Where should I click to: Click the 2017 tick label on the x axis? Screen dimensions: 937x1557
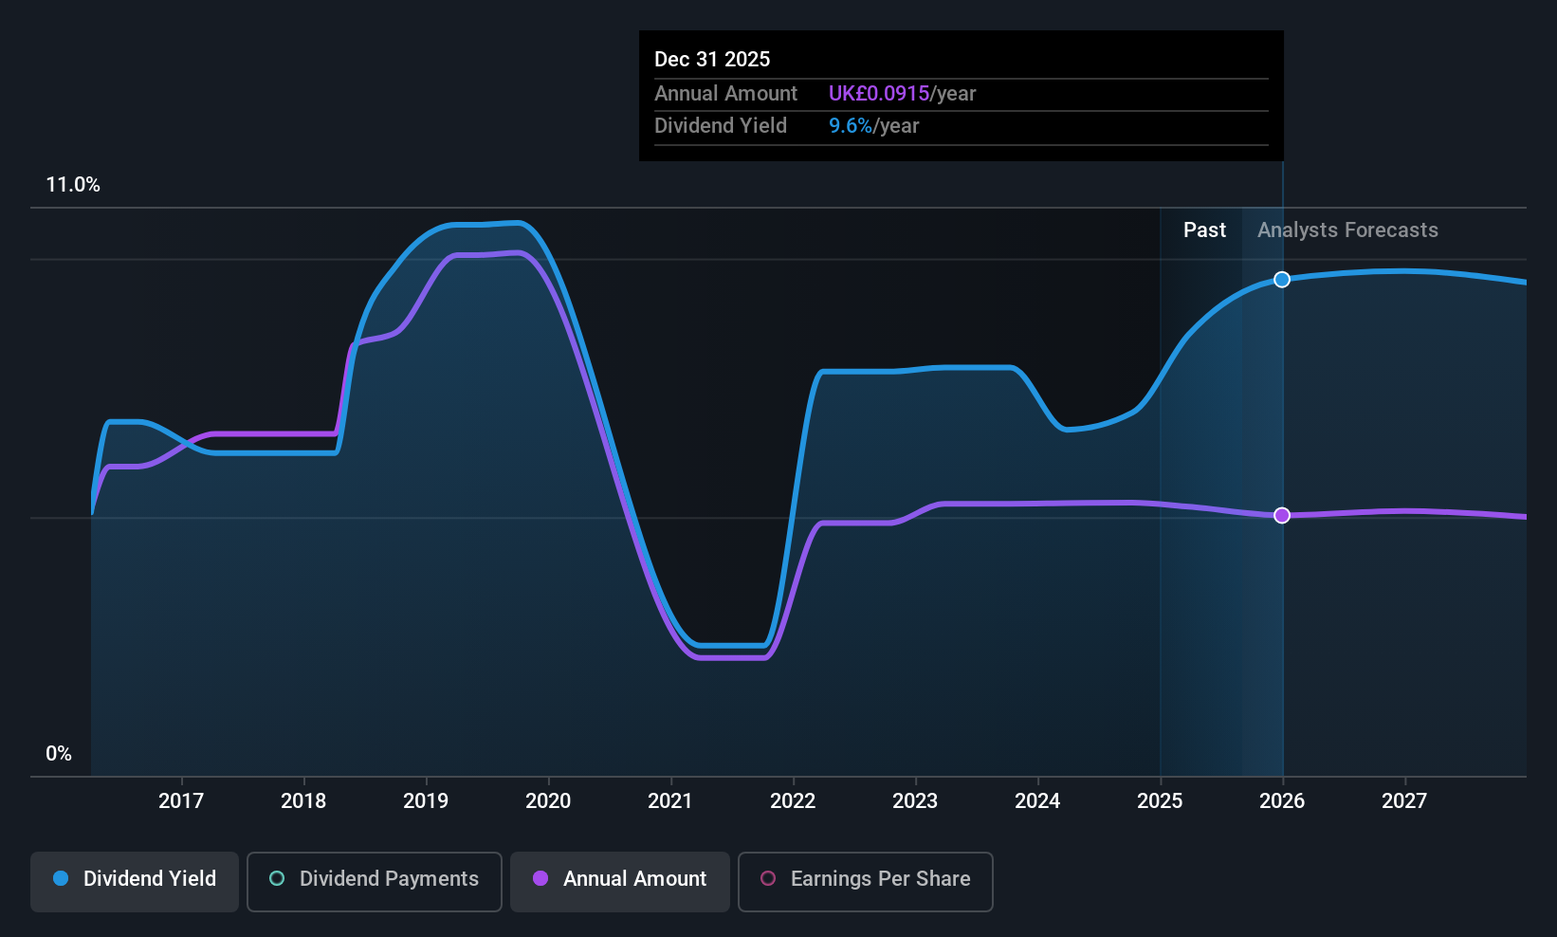181,801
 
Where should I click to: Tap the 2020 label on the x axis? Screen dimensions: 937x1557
548,801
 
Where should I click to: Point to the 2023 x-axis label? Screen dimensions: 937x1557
915,801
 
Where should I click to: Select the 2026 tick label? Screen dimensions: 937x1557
1282,801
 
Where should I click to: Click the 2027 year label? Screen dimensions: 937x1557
1404,801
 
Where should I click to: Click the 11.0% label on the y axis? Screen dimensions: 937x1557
73,185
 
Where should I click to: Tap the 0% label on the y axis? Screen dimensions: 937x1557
59,754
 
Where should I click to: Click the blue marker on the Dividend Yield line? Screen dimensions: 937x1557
1282,280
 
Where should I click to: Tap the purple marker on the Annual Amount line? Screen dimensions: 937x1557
1282,515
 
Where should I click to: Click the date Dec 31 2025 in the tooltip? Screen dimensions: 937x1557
712,60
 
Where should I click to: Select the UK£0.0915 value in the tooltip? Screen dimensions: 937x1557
879,94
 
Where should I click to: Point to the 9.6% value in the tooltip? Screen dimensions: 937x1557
851,126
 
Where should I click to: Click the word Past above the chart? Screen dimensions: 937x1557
1204,230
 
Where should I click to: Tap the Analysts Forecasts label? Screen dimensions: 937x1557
1347,230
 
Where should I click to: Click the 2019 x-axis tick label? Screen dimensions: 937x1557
426,801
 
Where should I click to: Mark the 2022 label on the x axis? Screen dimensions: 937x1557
793,801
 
